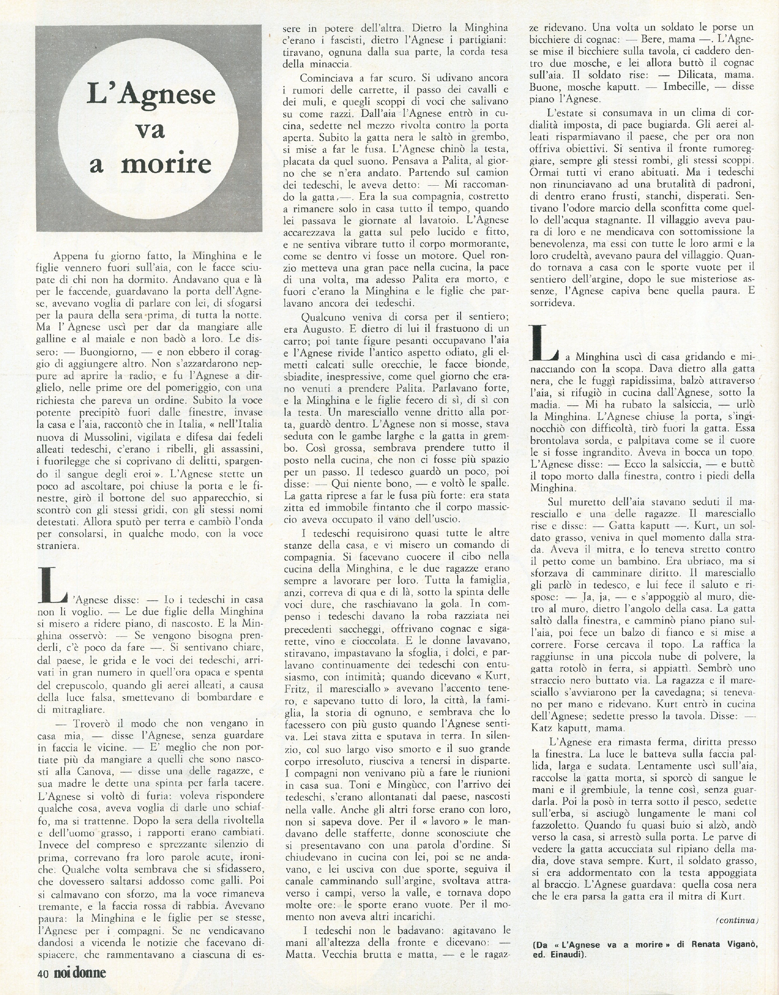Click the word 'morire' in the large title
pyautogui.click(x=166, y=164)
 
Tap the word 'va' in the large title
pyautogui.click(x=151, y=130)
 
